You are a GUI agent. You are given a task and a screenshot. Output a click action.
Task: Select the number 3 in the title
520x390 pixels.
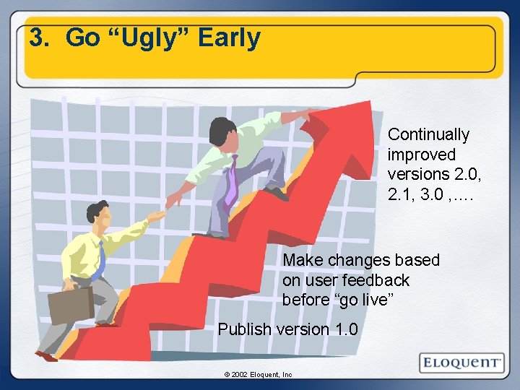[38, 38]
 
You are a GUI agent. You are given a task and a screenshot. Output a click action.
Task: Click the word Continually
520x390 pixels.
[428, 134]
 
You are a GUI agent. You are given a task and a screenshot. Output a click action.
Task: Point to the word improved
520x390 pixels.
[422, 155]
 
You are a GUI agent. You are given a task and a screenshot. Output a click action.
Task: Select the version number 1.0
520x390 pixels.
[346, 329]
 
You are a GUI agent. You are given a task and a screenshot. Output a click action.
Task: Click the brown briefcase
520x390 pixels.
[70, 305]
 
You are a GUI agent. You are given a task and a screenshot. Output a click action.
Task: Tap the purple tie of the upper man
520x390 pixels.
[231, 181]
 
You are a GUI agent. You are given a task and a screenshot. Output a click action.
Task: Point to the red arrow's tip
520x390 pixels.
[368, 108]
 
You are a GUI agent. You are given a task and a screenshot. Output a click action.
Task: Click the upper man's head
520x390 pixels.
[221, 130]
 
